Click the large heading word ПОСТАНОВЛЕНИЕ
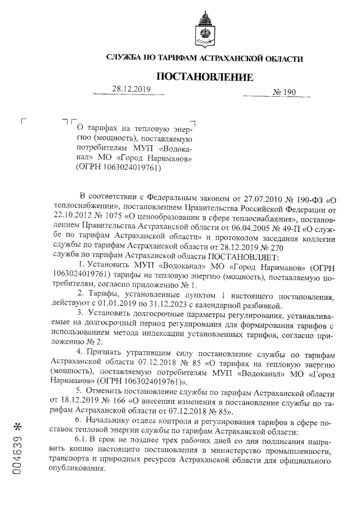[204, 76]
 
